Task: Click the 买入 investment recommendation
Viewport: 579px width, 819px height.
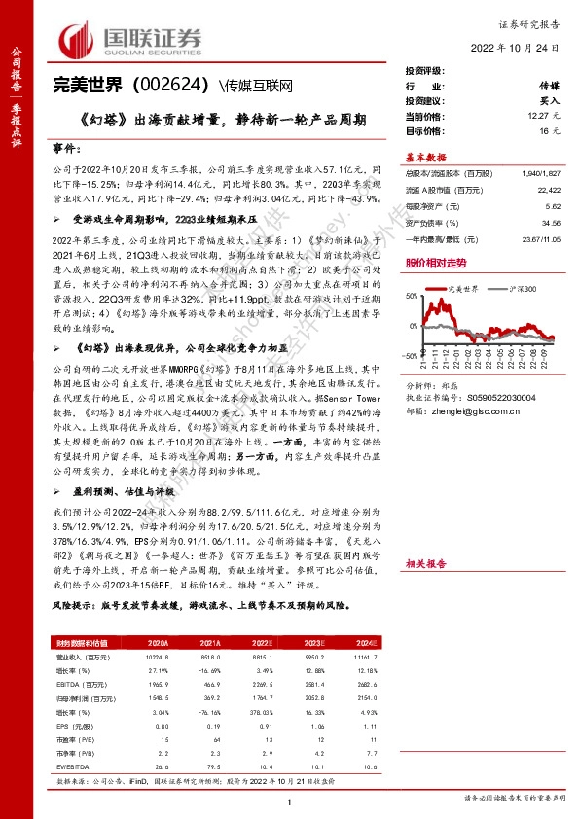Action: tap(549, 101)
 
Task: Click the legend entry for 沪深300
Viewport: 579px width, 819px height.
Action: tap(523, 289)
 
